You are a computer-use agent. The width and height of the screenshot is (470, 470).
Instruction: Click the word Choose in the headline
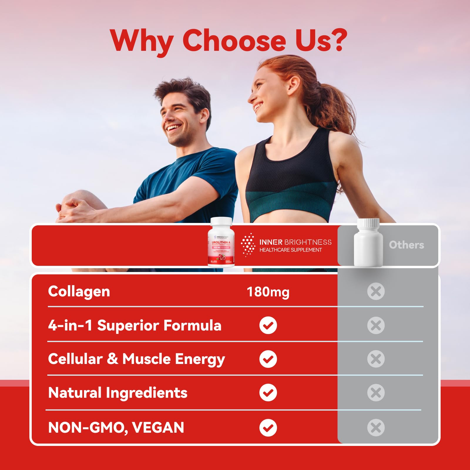(234, 40)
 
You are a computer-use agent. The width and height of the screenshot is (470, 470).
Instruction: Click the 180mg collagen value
(268, 292)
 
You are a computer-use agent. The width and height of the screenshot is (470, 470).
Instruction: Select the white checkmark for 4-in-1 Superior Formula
(268, 325)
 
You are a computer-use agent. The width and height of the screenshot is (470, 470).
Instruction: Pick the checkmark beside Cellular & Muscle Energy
(268, 359)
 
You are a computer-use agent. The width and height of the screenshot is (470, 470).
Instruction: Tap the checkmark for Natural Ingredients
(268, 392)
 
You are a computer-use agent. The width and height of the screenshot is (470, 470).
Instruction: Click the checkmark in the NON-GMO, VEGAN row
(268, 427)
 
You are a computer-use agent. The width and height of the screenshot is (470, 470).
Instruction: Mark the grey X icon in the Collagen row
(376, 291)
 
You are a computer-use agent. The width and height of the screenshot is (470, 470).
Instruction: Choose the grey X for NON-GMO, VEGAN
(376, 427)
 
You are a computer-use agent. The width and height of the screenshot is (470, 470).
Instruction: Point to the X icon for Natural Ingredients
(376, 392)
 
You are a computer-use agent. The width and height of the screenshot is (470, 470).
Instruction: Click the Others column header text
(406, 245)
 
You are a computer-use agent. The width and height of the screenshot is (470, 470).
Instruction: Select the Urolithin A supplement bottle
(221, 242)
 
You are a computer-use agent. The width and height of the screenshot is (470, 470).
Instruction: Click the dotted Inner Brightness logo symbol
(248, 244)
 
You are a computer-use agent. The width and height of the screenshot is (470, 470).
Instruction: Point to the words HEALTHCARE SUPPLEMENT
(291, 250)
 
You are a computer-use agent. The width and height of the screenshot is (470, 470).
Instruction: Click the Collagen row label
(79, 291)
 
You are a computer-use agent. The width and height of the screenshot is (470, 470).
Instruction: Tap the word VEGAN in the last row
(158, 427)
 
